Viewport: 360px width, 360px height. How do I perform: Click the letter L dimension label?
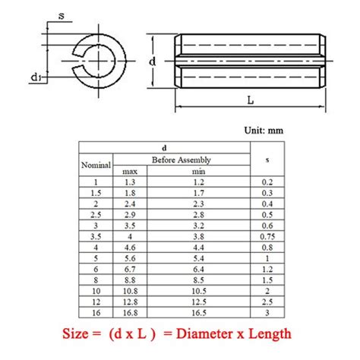[251, 100]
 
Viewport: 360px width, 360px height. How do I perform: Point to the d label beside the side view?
[152, 62]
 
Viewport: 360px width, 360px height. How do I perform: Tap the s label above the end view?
[62, 16]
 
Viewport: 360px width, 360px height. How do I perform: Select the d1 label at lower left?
[36, 77]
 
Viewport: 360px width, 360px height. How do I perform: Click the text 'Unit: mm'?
[264, 131]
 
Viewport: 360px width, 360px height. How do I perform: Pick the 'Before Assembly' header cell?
[182, 159]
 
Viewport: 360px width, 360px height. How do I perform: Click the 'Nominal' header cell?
[96, 165]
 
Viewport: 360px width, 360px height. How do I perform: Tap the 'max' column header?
[130, 172]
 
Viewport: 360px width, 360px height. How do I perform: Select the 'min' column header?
[198, 172]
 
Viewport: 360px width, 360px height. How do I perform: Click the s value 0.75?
[267, 236]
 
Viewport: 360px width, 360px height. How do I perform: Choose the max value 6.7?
[130, 269]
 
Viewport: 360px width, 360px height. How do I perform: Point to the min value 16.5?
[199, 313]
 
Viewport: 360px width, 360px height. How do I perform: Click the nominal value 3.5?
[96, 236]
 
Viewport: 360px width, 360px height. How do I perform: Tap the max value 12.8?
[130, 302]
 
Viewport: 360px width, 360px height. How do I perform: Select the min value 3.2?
[198, 226]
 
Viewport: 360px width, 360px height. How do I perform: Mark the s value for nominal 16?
[267, 313]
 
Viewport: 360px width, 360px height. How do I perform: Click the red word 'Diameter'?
[205, 333]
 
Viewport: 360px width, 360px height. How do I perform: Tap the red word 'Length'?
[270, 334]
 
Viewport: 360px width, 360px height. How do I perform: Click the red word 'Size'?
[75, 333]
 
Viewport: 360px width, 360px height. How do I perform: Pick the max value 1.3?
[130, 182]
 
